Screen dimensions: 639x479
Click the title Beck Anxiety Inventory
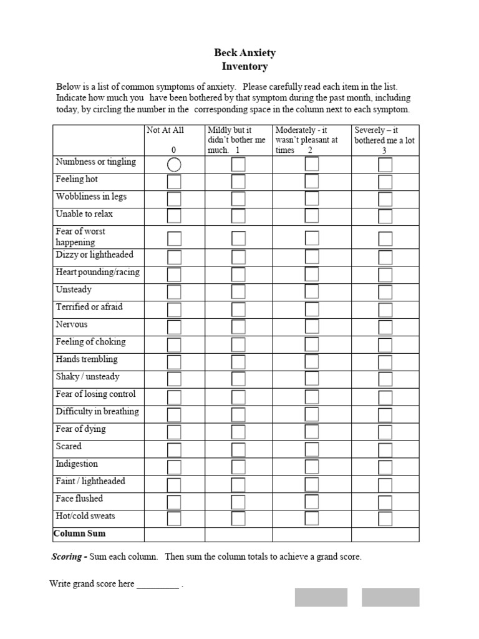point(244,60)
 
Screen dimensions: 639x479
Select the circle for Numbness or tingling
point(174,165)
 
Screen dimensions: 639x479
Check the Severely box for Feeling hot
point(385,182)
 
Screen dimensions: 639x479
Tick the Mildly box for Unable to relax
point(238,217)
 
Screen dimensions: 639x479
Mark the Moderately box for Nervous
point(311,326)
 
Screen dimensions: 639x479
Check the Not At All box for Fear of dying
point(174,432)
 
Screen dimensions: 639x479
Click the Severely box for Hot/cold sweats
point(385,519)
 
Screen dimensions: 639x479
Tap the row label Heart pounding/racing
point(97,273)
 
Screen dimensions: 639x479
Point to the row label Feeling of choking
point(90,342)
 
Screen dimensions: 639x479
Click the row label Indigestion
point(77,464)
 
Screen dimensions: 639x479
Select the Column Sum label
point(80,534)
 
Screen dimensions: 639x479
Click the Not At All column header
point(165,130)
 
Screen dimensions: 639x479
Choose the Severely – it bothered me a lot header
point(384,140)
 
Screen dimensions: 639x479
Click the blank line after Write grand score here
point(157,585)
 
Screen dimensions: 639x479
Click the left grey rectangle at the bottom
point(321,597)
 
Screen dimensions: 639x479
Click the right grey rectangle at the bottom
point(390,597)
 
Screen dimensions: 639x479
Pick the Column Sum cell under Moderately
point(312,534)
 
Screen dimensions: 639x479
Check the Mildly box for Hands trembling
point(238,361)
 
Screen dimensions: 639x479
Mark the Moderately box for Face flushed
point(311,501)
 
